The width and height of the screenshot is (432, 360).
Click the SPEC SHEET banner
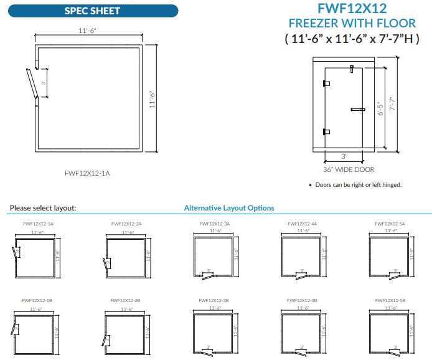pos(92,11)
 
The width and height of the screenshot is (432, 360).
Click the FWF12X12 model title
pos(352,9)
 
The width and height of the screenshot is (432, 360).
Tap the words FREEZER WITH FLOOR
pos(352,24)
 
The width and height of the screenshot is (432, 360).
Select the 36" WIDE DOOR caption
pos(349,169)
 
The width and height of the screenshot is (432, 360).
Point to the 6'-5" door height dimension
pos(380,109)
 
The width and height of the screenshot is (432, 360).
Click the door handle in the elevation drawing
pos(358,110)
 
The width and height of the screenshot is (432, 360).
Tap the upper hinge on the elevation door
pos(326,83)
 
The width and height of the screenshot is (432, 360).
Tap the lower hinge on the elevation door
pos(326,131)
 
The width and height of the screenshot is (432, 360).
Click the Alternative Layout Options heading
pos(229,208)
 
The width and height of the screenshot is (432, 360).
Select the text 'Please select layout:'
pos(43,208)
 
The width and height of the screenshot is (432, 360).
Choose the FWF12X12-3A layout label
pos(215,223)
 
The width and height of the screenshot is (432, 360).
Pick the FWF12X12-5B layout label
pos(390,300)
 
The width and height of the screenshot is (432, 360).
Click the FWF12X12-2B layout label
pos(126,300)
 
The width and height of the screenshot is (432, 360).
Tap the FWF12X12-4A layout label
pos(303,223)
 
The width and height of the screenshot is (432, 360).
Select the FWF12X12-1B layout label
pos(38,300)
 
